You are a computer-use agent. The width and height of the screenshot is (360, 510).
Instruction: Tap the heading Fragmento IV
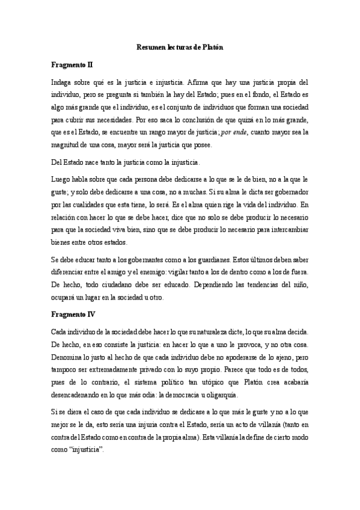(x=71, y=315)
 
